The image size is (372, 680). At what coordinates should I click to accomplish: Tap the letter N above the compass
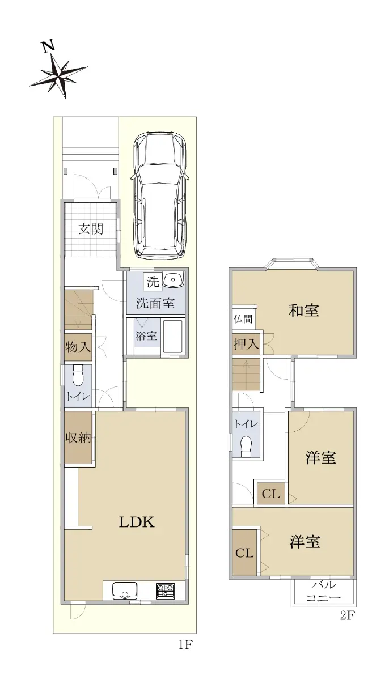click(x=48, y=46)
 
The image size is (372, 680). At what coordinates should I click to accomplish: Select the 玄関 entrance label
click(x=91, y=229)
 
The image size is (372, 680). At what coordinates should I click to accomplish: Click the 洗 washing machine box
click(x=153, y=282)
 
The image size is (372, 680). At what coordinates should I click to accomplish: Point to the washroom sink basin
click(x=173, y=279)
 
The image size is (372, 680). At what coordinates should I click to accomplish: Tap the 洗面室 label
click(x=155, y=303)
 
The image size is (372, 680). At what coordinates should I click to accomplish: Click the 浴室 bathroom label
click(x=146, y=335)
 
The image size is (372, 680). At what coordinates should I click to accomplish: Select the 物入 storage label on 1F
click(x=78, y=347)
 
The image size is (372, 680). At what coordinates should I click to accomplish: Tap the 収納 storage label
click(x=78, y=437)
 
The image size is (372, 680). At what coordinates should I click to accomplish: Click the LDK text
click(x=137, y=522)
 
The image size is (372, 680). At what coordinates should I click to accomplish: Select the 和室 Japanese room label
click(x=304, y=311)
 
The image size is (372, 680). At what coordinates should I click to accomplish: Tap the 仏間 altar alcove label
click(x=243, y=320)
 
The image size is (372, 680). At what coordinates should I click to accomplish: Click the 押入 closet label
click(x=246, y=344)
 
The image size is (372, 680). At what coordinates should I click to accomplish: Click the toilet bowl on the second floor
click(x=246, y=446)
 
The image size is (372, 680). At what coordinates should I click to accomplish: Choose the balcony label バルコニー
click(x=323, y=591)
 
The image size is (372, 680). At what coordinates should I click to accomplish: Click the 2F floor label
click(x=347, y=615)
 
